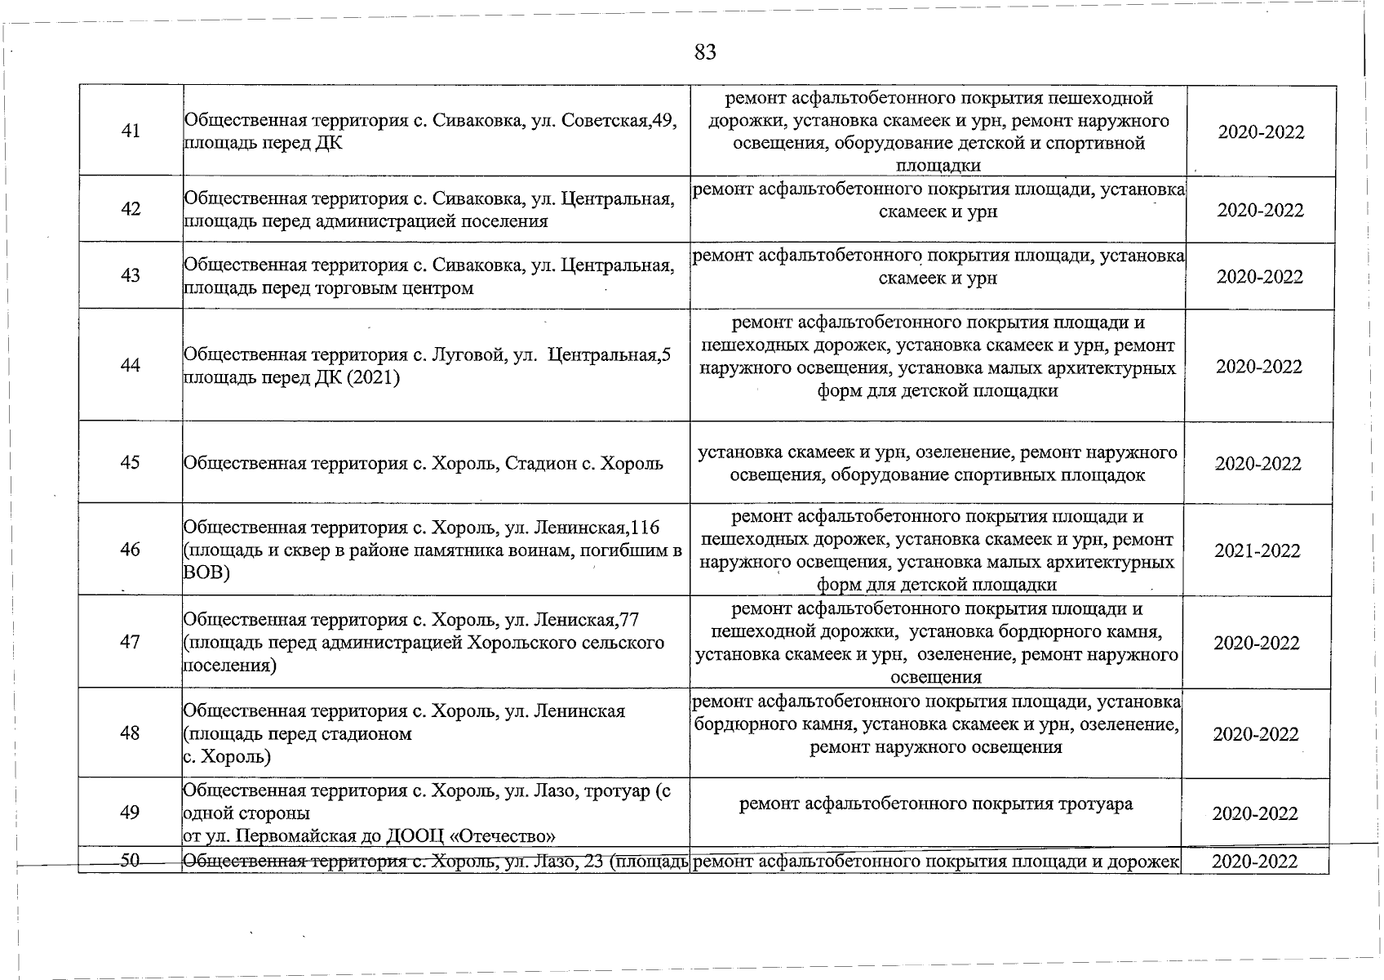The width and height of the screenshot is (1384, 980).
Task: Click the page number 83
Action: pyautogui.click(x=705, y=53)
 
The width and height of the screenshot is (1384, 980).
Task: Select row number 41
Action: pyautogui.click(x=131, y=131)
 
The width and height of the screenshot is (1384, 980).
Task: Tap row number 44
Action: pyautogui.click(x=131, y=366)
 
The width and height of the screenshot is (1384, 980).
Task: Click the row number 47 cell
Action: pyautogui.click(x=130, y=642)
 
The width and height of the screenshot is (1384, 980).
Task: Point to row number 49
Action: pyautogui.click(x=129, y=813)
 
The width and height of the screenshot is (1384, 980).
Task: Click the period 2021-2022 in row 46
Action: pyautogui.click(x=1257, y=551)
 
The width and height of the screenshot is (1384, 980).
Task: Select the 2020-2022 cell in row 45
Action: pyautogui.click(x=1258, y=464)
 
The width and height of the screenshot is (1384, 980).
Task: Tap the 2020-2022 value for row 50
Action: pyautogui.click(x=1255, y=862)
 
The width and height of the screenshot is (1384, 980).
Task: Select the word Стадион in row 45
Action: pyautogui.click(x=540, y=464)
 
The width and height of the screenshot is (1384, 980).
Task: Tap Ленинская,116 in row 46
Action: pyautogui.click(x=595, y=528)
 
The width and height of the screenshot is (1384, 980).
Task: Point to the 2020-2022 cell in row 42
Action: pyautogui.click(x=1260, y=211)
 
